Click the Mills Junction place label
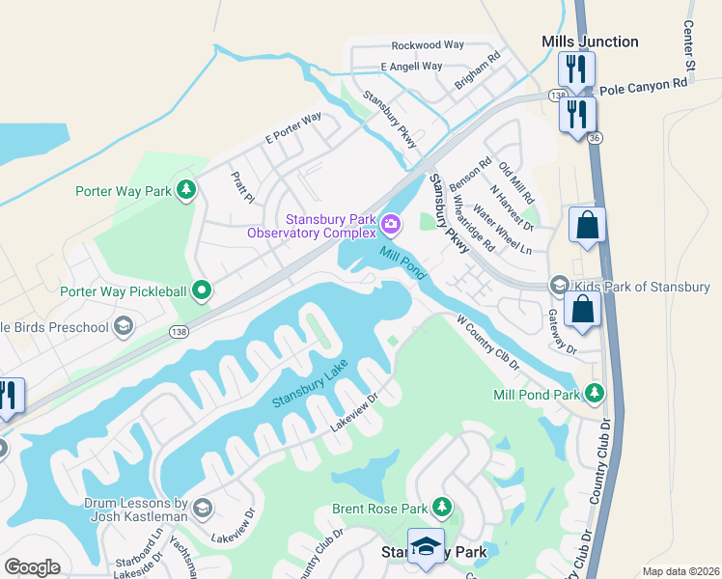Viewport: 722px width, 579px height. coord(590,41)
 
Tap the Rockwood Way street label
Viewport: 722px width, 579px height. coord(428,45)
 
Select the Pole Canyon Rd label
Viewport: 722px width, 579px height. coord(643,85)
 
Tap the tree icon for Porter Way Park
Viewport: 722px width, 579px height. coord(185,191)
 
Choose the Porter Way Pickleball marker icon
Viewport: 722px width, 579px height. coord(202,289)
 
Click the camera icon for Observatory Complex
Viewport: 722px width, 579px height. coord(391,225)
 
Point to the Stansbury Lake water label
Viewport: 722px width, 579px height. coord(309,383)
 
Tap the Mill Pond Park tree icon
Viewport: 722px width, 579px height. coord(596,393)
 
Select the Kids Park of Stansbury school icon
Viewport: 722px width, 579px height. coord(559,285)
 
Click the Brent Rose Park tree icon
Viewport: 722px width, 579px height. coord(442,506)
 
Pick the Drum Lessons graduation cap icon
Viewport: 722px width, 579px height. coord(202,508)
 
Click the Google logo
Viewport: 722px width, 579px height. coord(32,567)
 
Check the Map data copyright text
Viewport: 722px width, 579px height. coord(680,571)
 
